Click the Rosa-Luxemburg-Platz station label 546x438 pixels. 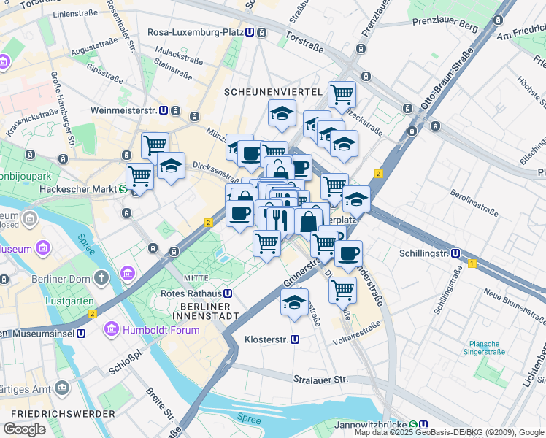coord(195,32)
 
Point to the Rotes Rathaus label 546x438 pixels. coord(191,293)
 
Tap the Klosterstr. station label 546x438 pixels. coord(266,339)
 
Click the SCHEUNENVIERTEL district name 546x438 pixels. coord(273,91)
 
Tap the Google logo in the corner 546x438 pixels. coord(24,429)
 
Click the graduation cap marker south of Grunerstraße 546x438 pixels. coord(294,302)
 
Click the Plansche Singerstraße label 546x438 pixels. coord(484,347)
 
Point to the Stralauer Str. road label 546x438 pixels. coord(321,380)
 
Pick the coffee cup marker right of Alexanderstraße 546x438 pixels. coord(348,253)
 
